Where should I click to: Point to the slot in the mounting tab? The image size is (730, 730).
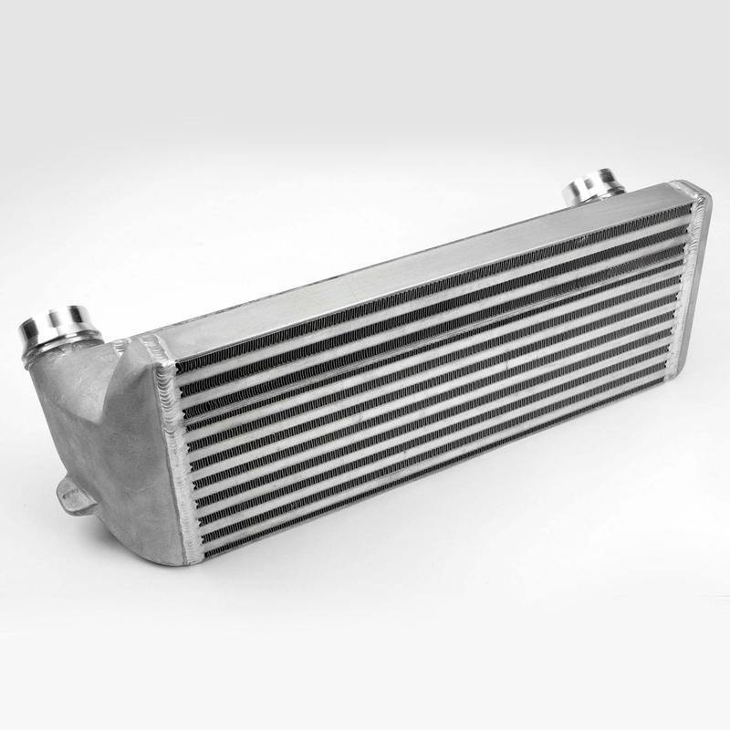coord(68,494)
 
